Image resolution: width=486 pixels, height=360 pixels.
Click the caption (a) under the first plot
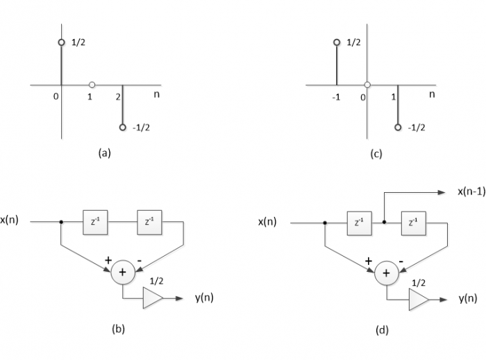(104, 153)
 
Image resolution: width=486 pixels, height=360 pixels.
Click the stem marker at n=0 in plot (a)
(61, 42)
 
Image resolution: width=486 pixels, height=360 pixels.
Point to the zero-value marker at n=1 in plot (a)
(92, 85)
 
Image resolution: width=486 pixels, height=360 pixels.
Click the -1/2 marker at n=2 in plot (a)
(123, 128)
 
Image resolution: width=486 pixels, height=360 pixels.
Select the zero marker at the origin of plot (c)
(367, 85)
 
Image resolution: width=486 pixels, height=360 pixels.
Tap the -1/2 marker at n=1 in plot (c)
(398, 128)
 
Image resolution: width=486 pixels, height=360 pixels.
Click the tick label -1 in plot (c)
(336, 97)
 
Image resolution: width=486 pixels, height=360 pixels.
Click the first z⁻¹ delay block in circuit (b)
(94, 223)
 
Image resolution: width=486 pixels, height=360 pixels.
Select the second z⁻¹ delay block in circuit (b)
(149, 223)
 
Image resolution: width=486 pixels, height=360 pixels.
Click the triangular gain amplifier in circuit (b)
(152, 298)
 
